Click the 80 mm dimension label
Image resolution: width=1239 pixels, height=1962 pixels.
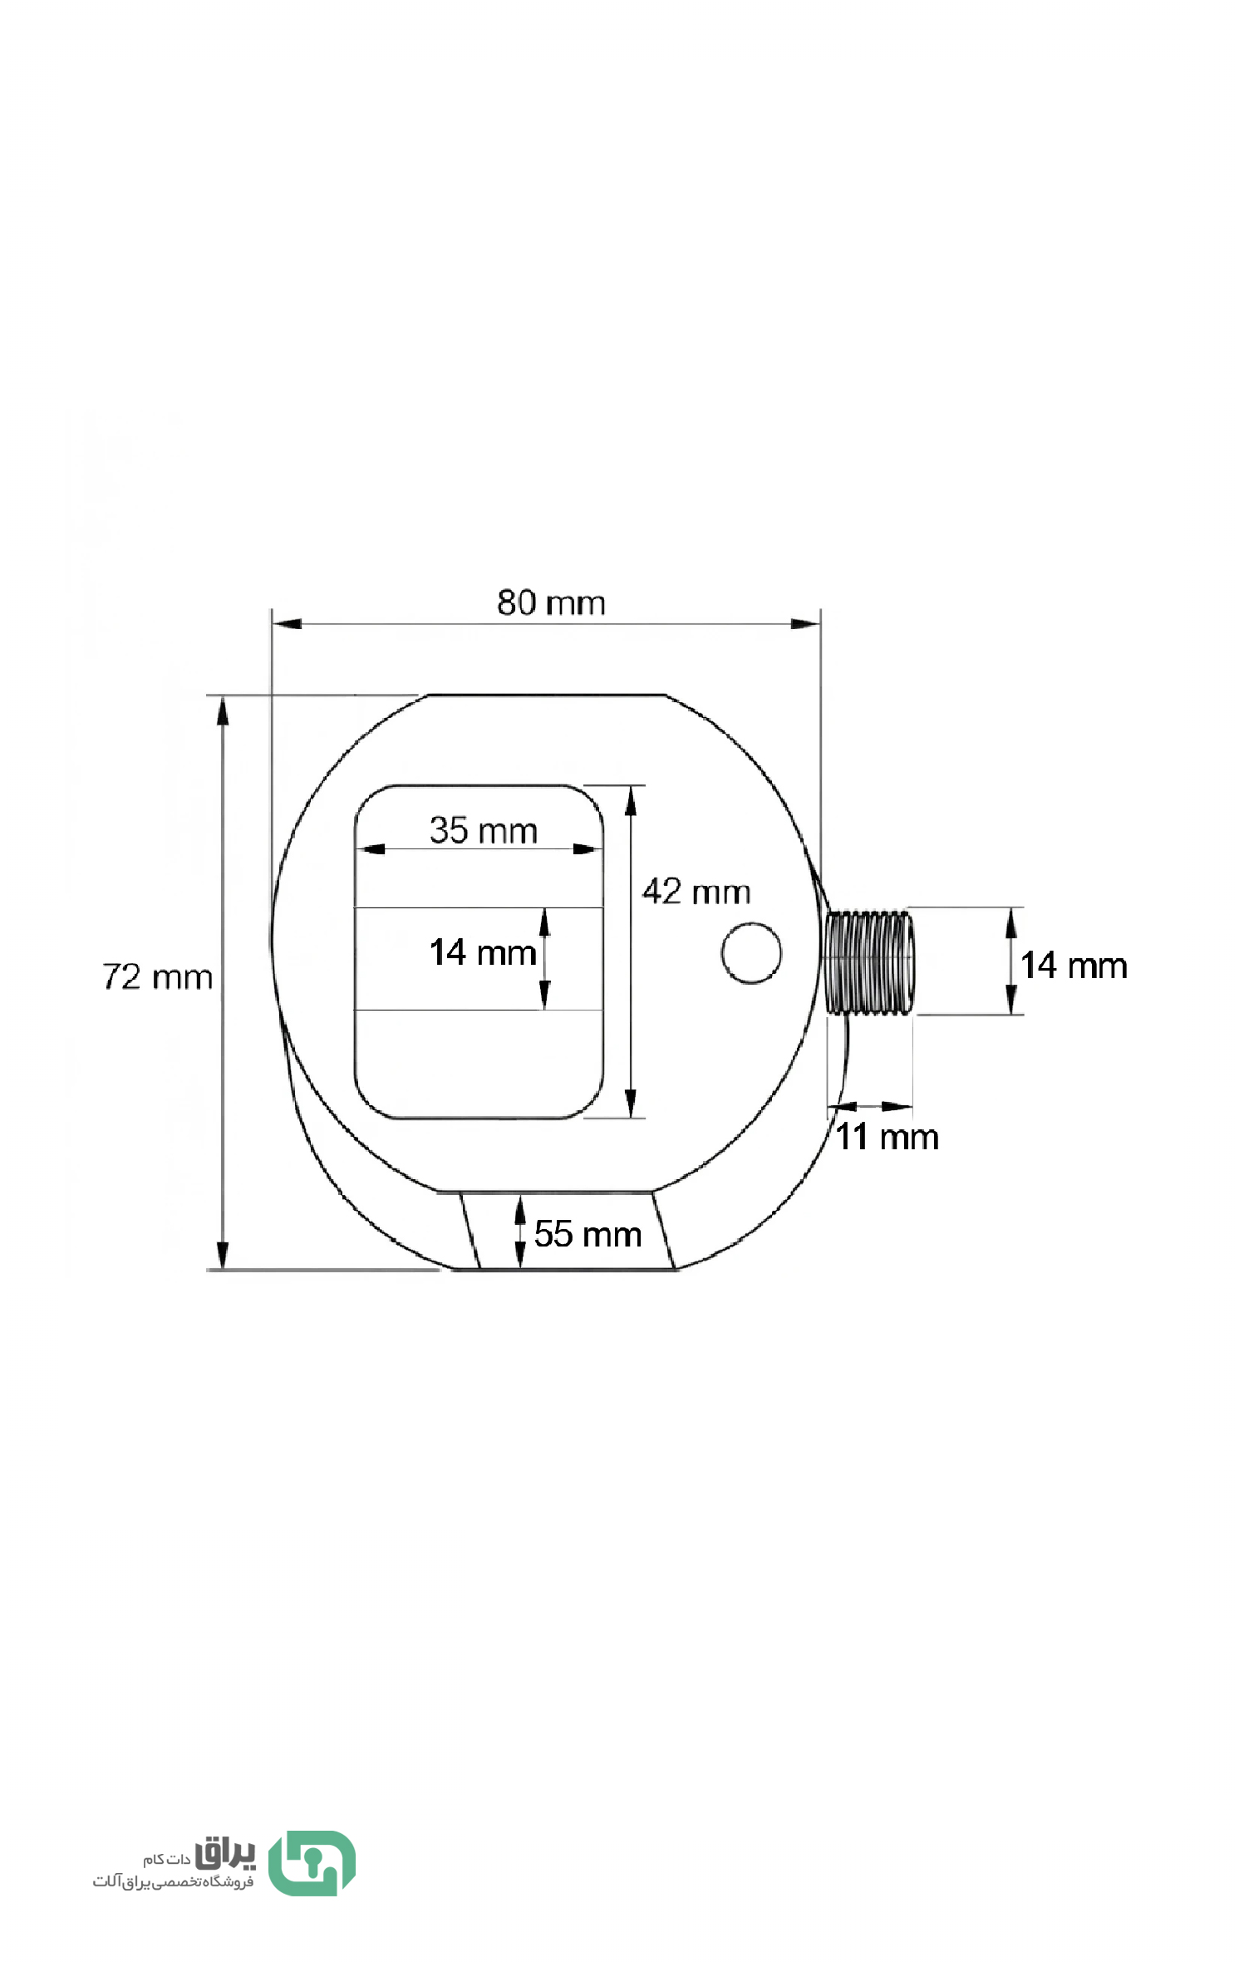click(x=551, y=602)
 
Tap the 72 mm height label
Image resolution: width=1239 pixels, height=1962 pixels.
click(x=157, y=976)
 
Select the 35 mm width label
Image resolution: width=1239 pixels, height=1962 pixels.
click(x=484, y=830)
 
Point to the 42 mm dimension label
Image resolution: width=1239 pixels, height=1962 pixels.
click(x=696, y=892)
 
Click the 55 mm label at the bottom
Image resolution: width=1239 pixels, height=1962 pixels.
click(x=588, y=1234)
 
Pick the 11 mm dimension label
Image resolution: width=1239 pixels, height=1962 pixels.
click(x=887, y=1137)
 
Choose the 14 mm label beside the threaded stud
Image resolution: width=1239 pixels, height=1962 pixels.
click(x=1074, y=966)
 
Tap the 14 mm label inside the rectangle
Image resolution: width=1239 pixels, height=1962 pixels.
click(x=483, y=952)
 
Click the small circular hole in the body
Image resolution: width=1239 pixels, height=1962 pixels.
click(x=751, y=953)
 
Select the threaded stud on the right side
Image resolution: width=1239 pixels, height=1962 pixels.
click(x=870, y=961)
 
